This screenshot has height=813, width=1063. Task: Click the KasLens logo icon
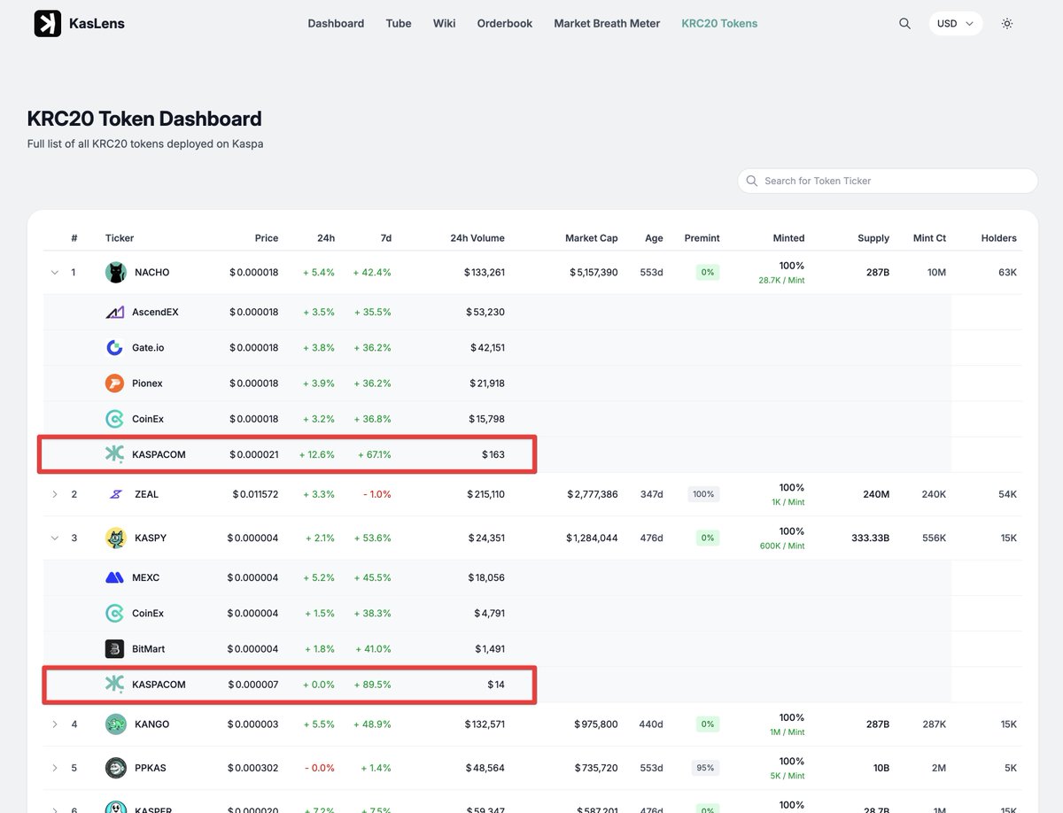pyautogui.click(x=48, y=24)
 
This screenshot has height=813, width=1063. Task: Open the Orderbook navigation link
pyautogui.click(x=504, y=24)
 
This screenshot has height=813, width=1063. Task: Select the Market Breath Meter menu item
pyautogui.click(x=607, y=24)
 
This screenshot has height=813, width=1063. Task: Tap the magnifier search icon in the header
pyautogui.click(x=904, y=24)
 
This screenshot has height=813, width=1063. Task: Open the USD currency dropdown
pyautogui.click(x=955, y=24)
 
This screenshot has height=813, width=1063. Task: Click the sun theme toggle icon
pyautogui.click(x=1007, y=24)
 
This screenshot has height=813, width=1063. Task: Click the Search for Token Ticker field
pyautogui.click(x=888, y=181)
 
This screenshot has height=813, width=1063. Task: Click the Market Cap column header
pyautogui.click(x=591, y=238)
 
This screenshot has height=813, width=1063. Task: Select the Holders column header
pyautogui.click(x=998, y=238)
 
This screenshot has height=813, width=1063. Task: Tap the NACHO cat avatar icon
pyautogui.click(x=116, y=273)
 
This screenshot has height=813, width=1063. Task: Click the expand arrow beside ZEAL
pyautogui.click(x=55, y=494)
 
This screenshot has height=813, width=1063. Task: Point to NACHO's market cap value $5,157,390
pyautogui.click(x=594, y=273)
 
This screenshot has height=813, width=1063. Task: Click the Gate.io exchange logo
pyautogui.click(x=114, y=348)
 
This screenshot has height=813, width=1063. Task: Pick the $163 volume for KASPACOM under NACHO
pyautogui.click(x=493, y=454)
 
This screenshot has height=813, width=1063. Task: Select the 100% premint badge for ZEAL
pyautogui.click(x=703, y=494)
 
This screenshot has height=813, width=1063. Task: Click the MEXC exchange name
pyautogui.click(x=147, y=578)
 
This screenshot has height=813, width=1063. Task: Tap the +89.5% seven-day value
pyautogui.click(x=372, y=685)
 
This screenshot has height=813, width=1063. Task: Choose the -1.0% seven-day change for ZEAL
pyautogui.click(x=376, y=494)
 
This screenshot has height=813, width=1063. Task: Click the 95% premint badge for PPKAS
pyautogui.click(x=705, y=769)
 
